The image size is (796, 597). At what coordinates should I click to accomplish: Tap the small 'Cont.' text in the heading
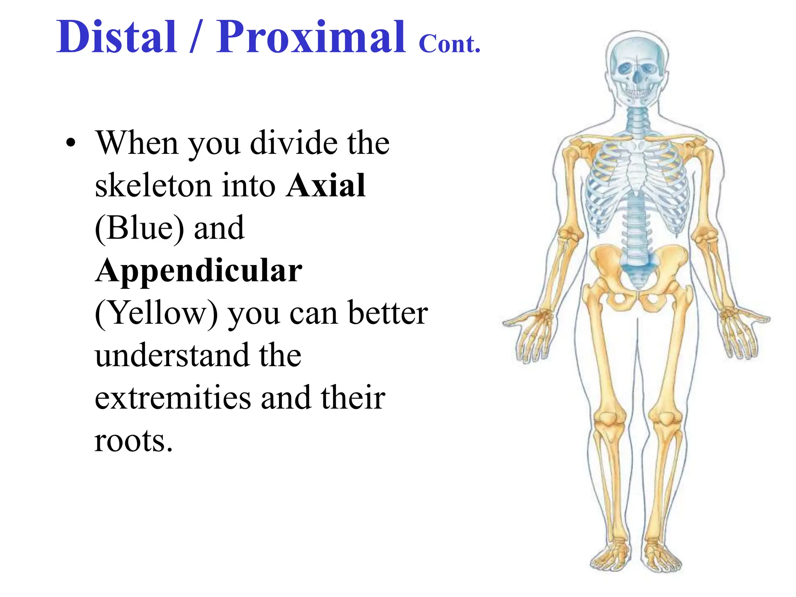[450, 44]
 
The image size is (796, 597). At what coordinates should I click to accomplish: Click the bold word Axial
[326, 185]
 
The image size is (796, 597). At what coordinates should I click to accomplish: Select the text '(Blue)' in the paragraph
[139, 228]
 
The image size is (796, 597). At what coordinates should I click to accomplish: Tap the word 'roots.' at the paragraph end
[133, 441]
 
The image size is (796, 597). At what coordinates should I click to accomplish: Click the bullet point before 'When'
[70, 143]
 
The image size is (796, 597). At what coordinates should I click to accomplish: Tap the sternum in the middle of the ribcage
[636, 167]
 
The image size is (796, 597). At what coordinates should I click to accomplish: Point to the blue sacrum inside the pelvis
[636, 272]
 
